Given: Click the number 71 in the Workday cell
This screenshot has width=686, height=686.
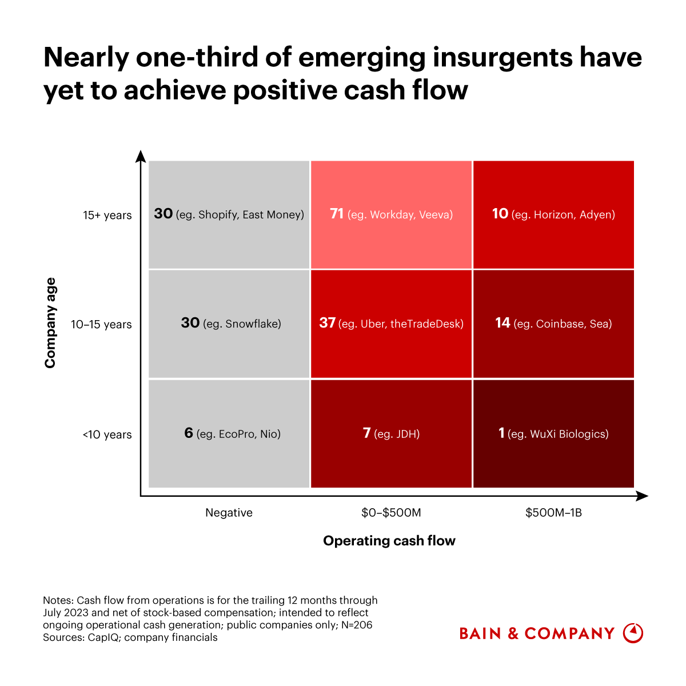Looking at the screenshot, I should (337, 214).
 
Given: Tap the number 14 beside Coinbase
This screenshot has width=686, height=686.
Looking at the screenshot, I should (502, 323).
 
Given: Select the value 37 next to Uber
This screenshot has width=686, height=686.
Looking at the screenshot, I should (327, 323).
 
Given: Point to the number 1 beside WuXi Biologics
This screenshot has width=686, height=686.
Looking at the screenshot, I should (501, 433).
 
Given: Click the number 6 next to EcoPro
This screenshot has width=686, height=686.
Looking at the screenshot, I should (189, 433).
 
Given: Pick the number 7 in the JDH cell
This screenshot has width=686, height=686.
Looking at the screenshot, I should (367, 433).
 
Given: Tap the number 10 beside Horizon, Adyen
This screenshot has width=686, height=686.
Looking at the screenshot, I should (500, 214).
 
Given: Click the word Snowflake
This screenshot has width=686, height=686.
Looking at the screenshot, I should (253, 324).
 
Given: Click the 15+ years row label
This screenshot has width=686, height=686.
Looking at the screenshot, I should (107, 216).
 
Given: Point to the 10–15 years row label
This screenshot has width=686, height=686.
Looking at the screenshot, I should (101, 325).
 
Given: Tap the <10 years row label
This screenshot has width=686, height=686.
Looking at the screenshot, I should (107, 434).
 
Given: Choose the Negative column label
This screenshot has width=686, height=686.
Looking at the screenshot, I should (229, 513).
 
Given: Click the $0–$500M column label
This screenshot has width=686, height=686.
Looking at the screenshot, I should (391, 513).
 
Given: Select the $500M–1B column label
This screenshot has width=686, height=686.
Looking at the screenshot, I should (553, 513).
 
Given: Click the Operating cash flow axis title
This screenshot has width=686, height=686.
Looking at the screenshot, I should (389, 541).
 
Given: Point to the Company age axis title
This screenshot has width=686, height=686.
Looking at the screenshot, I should (50, 323).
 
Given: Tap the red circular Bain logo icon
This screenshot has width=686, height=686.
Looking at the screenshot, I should (633, 633).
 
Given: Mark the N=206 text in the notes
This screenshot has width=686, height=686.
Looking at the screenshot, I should (356, 625).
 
